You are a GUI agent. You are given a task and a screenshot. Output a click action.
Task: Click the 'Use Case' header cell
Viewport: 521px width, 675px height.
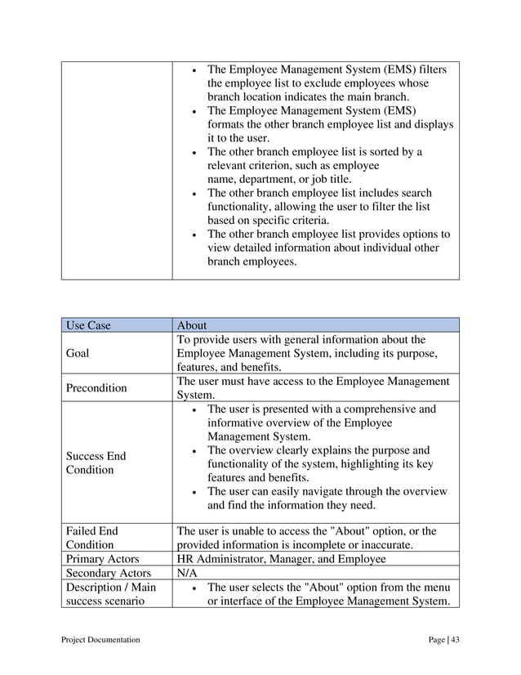tap(87, 325)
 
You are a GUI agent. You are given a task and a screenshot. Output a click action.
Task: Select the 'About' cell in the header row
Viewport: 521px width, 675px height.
tap(194, 325)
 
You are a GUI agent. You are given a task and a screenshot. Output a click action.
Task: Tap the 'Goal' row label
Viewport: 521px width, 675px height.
tap(78, 354)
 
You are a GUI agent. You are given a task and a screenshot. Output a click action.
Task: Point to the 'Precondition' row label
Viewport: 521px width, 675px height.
tap(96, 388)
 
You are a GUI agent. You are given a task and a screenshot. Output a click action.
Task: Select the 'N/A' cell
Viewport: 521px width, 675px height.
tap(189, 574)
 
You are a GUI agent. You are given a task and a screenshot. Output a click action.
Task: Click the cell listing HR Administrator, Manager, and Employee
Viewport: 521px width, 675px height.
tap(281, 560)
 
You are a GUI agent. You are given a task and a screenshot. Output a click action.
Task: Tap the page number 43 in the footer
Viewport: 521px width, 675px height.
tap(455, 639)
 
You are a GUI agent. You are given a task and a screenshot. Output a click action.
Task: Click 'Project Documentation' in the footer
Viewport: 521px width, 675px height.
tap(100, 639)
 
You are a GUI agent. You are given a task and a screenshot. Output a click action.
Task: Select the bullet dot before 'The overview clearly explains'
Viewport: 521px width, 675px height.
tap(191, 451)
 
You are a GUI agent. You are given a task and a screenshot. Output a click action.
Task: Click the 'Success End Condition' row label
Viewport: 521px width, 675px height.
tap(96, 463)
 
